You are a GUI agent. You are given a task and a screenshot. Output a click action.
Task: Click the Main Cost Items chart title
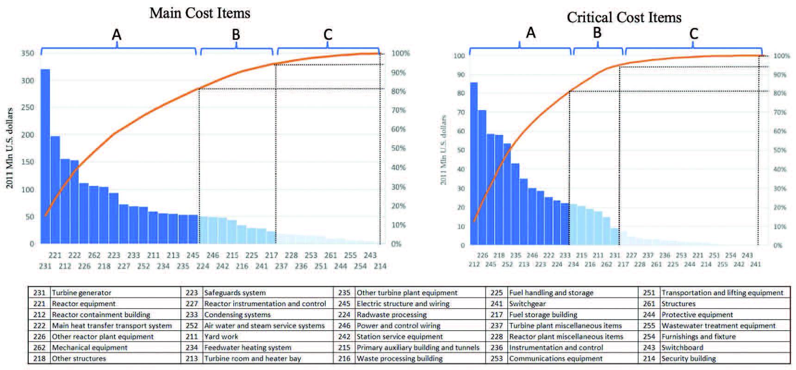[199, 13]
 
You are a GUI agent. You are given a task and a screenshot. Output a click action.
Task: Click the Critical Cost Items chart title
[624, 18]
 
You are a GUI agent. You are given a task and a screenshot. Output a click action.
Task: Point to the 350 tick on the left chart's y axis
[28, 53]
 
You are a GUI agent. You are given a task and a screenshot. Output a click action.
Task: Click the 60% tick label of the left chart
[398, 129]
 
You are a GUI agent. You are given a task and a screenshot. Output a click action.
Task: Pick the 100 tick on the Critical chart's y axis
[459, 56]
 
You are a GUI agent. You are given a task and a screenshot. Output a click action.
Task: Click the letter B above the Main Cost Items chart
[236, 35]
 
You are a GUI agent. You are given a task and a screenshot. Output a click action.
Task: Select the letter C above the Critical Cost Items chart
[693, 34]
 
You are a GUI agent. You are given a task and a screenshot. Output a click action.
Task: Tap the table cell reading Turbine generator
[81, 293]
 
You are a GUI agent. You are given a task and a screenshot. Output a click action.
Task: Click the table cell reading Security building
[689, 358]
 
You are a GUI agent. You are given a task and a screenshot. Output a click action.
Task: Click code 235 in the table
[344, 293]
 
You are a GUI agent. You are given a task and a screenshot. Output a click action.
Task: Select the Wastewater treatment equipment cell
[718, 326]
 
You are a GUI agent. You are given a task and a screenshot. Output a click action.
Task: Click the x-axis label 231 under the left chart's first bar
[45, 266]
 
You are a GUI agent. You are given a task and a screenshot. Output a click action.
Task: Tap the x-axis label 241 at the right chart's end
[755, 264]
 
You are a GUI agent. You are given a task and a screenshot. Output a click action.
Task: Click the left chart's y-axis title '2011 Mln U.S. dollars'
[10, 148]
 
